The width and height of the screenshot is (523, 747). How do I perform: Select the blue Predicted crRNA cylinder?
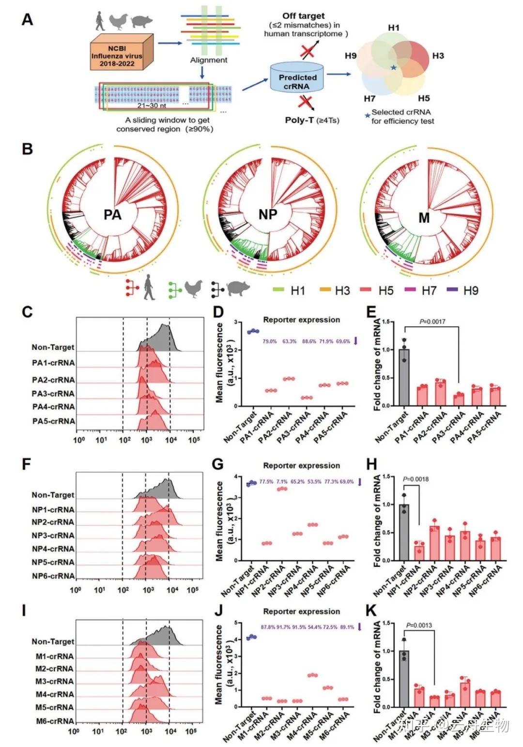point(297,79)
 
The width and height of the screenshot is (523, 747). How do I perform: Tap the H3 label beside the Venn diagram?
point(438,56)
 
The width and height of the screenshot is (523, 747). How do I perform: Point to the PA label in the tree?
point(112,214)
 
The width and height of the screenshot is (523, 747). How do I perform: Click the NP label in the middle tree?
point(267,214)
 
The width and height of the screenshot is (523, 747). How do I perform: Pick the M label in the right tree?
point(424,218)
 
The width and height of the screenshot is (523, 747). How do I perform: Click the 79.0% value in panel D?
point(270,341)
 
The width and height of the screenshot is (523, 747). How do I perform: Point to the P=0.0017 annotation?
point(432,321)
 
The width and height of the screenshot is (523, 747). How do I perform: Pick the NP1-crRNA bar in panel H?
point(419,551)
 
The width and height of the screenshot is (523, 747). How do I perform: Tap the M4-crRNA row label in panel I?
point(55,694)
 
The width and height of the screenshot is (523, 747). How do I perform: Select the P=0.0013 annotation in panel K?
point(419,625)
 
